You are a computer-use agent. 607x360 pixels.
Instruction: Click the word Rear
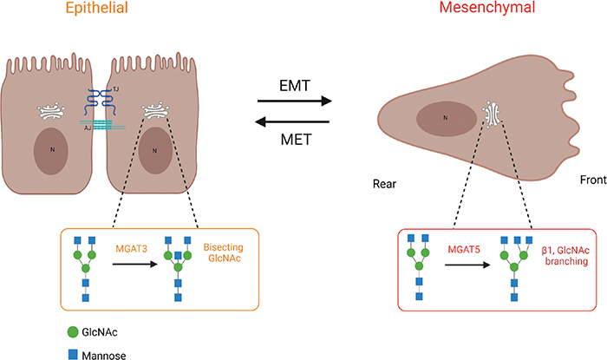385,183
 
